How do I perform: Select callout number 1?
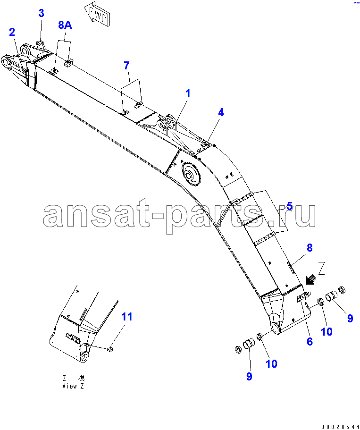coord(187,93)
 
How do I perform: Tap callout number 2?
coord(12,32)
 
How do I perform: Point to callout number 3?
coord(41,13)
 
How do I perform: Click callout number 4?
coord(221,112)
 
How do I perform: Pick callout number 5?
coord(290,206)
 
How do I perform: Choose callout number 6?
coord(310,341)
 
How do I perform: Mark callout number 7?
coord(126,66)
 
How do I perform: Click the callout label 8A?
coord(65,25)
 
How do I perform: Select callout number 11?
coord(126,317)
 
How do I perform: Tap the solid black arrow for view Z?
coord(310,280)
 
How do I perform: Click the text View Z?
coord(73,386)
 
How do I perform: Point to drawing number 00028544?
coord(340,427)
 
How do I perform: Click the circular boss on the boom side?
coord(191,175)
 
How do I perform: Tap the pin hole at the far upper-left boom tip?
coord(6,61)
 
